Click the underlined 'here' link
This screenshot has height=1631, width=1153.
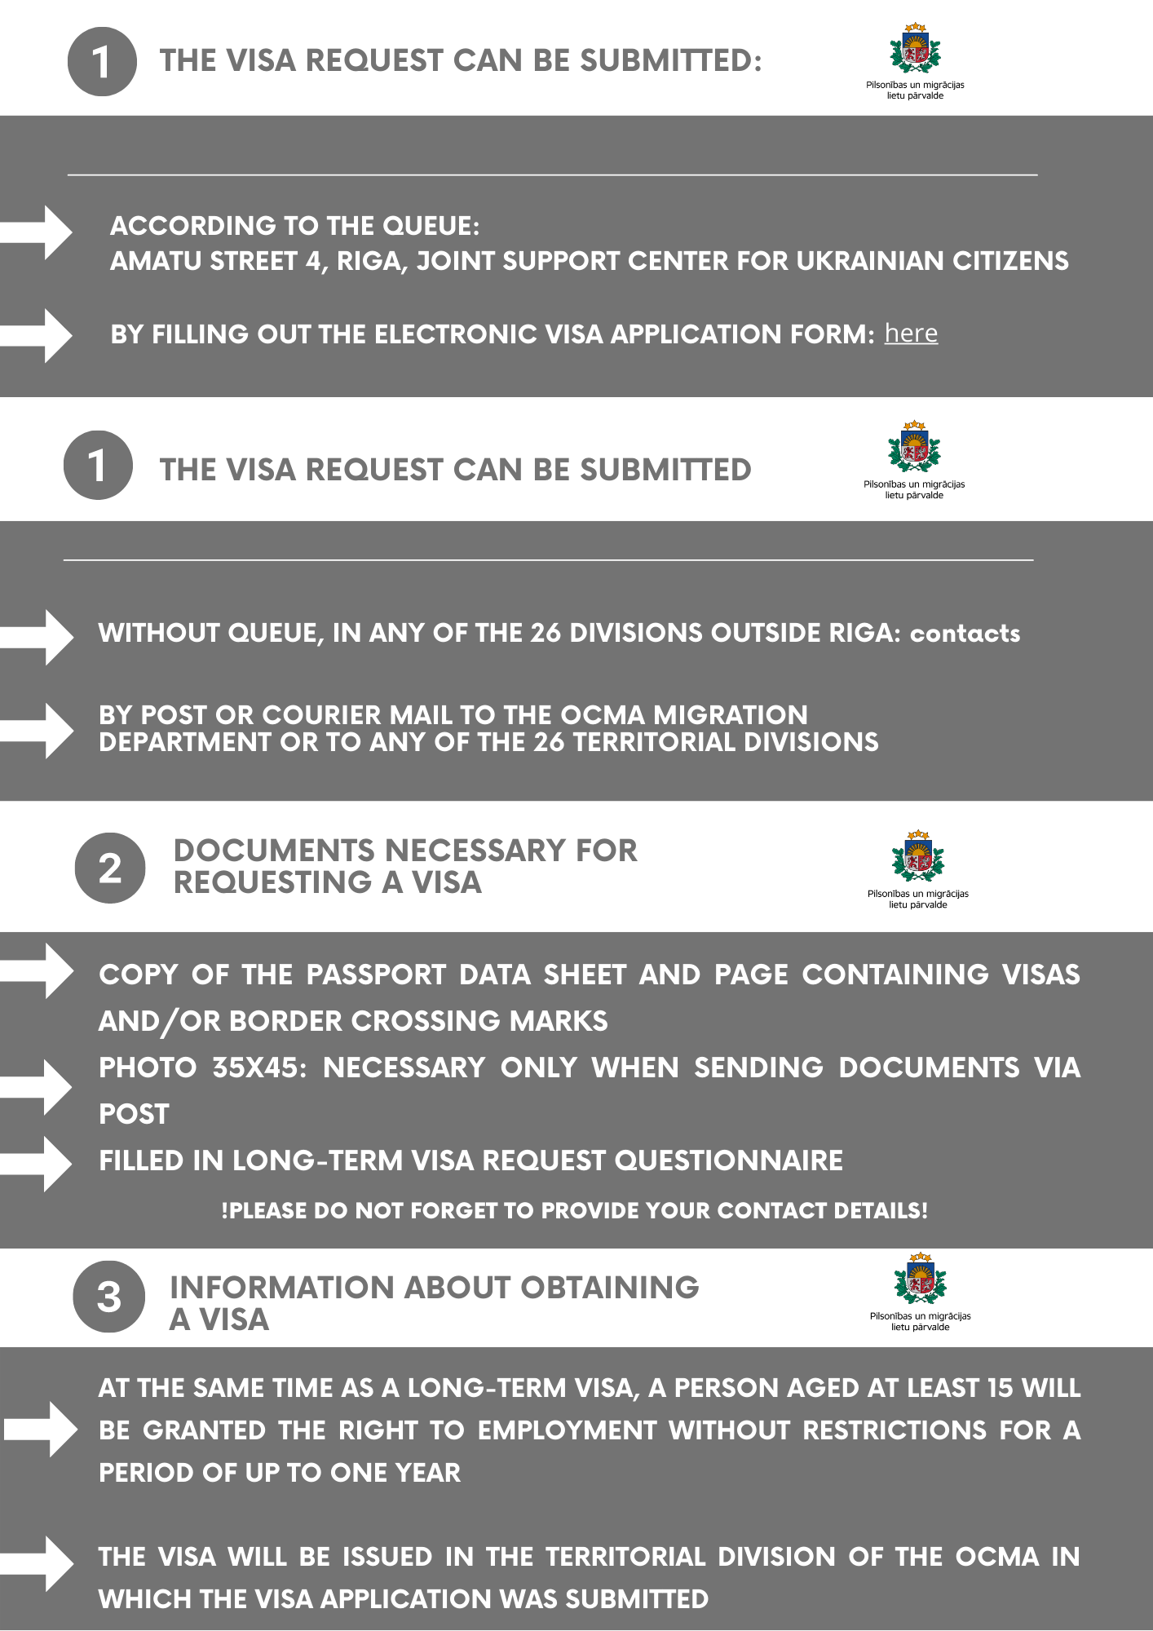point(911,334)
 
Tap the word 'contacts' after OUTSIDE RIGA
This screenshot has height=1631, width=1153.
point(965,634)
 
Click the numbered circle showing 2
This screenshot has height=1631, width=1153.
point(110,868)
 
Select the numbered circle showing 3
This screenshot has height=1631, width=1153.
point(109,1297)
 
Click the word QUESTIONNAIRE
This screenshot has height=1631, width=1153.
point(728,1160)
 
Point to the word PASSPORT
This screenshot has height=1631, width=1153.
point(376,975)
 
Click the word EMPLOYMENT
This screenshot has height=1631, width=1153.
point(566,1430)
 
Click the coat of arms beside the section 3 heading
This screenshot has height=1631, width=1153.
point(920,1279)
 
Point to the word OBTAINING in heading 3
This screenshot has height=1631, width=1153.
point(609,1288)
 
